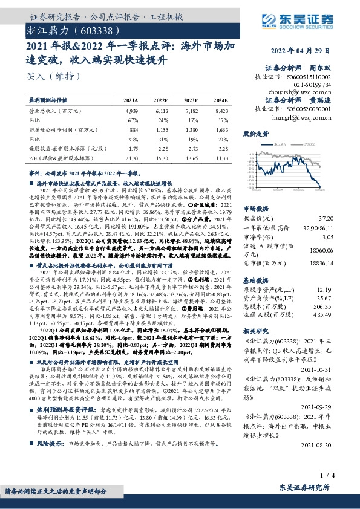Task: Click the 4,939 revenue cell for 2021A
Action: click(x=131, y=111)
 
